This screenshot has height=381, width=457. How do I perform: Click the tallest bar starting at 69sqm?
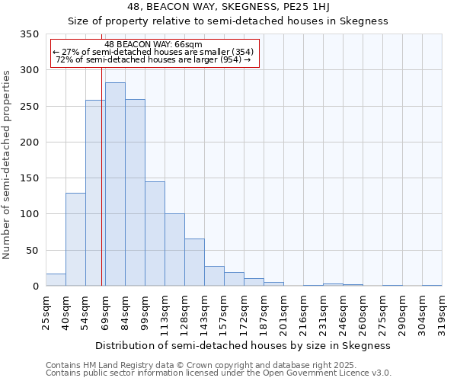point(115,184)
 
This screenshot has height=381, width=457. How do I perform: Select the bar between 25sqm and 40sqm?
point(56,280)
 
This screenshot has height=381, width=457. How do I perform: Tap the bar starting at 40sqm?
point(75,239)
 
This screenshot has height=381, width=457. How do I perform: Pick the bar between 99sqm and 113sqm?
point(155,234)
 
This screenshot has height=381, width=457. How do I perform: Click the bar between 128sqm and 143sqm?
point(194,262)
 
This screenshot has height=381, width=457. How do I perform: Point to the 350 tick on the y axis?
point(30,34)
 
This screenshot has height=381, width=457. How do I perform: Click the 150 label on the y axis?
point(30,178)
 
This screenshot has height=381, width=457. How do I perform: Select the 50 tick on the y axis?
point(34,250)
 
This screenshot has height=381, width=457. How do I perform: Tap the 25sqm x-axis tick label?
point(46,312)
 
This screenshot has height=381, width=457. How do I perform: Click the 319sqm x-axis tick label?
point(443,312)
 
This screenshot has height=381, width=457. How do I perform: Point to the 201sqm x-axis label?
point(284,312)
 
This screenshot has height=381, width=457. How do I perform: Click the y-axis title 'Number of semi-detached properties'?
point(7,164)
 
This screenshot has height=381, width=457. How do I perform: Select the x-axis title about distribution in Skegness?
point(244,345)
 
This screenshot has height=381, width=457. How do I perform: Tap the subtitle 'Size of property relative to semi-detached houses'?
point(228,21)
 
